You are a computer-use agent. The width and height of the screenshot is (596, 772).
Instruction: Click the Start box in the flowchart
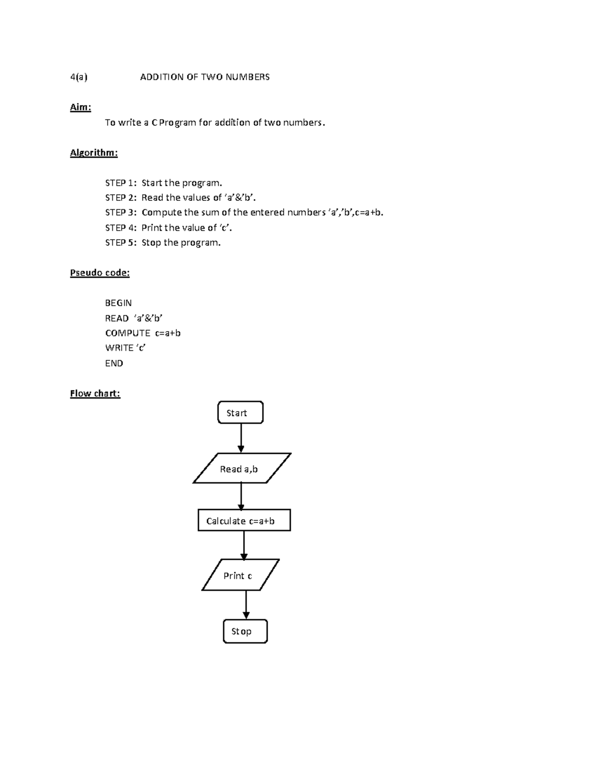[x=240, y=413]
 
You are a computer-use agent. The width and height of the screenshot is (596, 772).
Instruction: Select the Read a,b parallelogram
[x=242, y=468]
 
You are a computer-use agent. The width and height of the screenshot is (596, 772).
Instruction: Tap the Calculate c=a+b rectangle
[x=244, y=520]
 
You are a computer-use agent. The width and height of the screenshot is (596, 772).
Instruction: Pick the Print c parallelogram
[x=240, y=575]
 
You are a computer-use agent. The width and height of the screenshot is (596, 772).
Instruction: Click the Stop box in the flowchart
[x=245, y=631]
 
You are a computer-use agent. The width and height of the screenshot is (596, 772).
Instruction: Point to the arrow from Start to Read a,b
[x=241, y=437]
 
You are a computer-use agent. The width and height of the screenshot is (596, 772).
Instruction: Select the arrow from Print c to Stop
[x=246, y=604]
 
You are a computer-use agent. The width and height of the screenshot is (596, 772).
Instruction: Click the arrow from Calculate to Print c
[x=244, y=545]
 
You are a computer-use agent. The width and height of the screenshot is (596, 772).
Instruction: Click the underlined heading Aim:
[x=80, y=107]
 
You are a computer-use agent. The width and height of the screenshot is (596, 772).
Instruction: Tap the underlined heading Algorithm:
[x=94, y=153]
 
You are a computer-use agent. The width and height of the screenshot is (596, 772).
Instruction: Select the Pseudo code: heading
[x=100, y=272]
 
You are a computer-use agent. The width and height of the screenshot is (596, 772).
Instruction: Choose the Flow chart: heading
[x=95, y=393]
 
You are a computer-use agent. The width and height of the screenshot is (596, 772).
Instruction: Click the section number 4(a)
[x=78, y=77]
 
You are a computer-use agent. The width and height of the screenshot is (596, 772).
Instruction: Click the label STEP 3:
[x=121, y=213]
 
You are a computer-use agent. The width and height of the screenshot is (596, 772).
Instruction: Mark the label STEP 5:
[x=121, y=243]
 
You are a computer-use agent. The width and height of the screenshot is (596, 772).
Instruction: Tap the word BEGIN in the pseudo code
[x=118, y=303]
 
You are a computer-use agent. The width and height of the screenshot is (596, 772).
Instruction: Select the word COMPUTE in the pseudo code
[x=128, y=333]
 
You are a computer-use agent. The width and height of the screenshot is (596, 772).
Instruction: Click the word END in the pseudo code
[x=114, y=363]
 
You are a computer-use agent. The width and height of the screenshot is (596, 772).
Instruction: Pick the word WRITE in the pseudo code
[x=119, y=348]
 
